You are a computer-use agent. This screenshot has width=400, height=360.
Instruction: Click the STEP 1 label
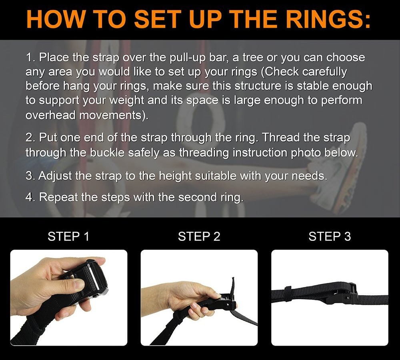tap(68, 236)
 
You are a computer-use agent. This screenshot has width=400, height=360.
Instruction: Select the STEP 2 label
tap(199, 236)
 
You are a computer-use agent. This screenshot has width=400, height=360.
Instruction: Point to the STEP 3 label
tap(330, 236)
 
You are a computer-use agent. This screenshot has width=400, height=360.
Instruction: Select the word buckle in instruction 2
tap(107, 152)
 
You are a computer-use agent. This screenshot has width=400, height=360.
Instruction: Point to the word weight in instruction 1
tap(127, 100)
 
